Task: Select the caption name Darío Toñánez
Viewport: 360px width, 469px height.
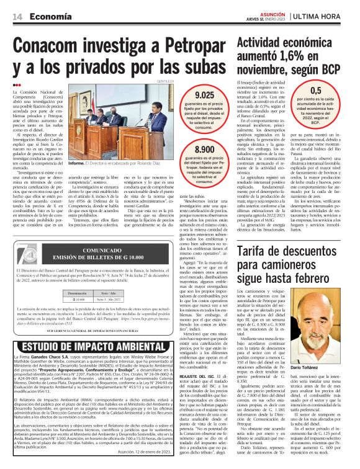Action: click(x=317, y=351)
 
